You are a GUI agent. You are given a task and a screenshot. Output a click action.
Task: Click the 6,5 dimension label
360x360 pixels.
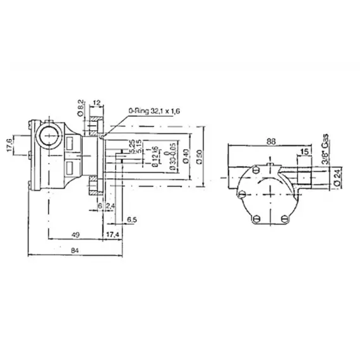tap(133, 219)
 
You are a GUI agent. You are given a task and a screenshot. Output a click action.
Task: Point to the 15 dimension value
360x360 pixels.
tap(306, 152)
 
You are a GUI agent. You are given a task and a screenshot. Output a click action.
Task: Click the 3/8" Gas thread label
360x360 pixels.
tap(324, 149)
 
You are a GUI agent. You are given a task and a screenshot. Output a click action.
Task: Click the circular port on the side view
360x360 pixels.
tap(48, 135)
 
